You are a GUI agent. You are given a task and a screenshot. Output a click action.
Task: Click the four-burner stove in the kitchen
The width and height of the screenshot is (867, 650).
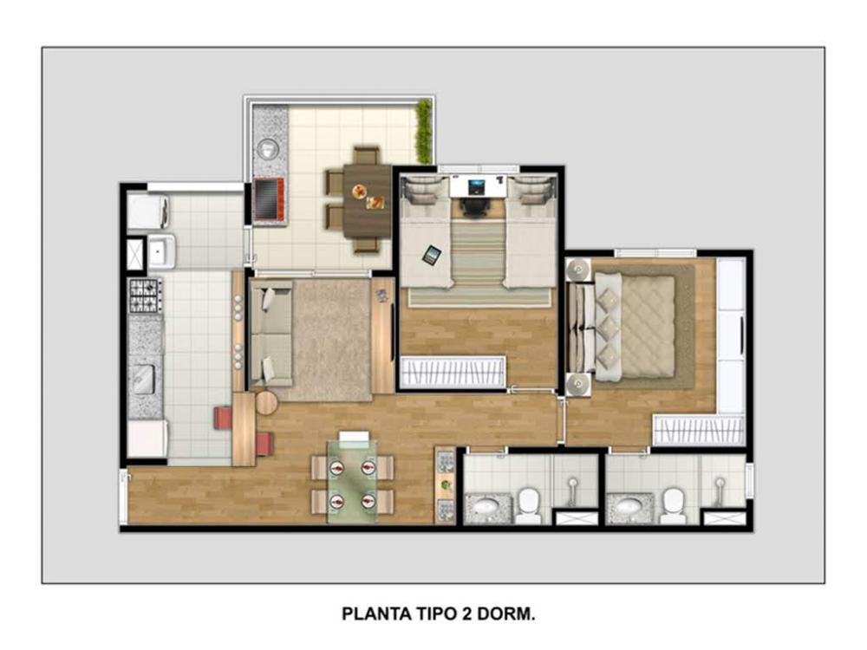[146, 296]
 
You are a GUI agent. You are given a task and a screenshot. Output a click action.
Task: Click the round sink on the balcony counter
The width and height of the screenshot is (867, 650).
[268, 148]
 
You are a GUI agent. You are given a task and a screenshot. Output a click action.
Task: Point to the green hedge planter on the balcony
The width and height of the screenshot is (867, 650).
[424, 132]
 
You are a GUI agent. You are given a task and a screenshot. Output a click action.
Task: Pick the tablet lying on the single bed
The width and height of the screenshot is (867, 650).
[432, 255]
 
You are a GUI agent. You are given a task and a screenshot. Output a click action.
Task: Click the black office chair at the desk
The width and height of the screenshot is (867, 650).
[475, 205]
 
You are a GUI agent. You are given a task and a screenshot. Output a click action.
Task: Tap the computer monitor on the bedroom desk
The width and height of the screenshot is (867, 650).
[477, 187]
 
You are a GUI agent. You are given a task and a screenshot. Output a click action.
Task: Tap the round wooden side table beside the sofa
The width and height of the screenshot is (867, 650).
[266, 403]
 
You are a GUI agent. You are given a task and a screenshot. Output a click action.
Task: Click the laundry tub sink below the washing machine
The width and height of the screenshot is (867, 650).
[161, 251]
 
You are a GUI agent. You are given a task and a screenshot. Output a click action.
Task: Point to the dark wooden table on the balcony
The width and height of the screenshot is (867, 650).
[367, 201]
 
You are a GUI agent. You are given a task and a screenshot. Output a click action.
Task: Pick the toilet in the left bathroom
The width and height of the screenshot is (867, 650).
[529, 505]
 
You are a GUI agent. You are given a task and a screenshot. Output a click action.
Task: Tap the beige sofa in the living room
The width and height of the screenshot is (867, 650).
[271, 333]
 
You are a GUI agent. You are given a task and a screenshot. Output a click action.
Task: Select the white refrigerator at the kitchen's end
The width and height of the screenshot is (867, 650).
[147, 439]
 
